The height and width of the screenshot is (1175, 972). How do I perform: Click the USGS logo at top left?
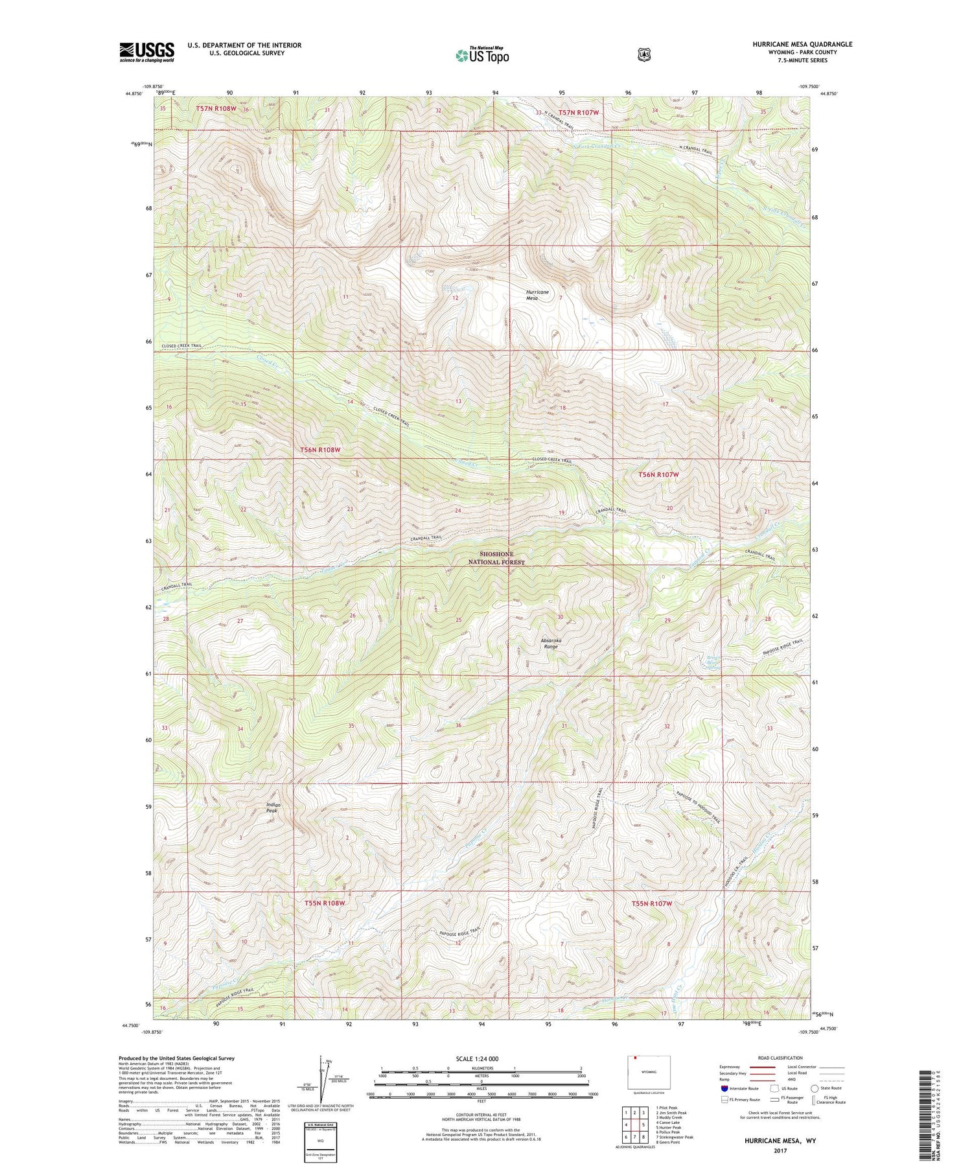pos(146,52)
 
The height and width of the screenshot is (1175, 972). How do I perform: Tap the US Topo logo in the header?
pos(482,55)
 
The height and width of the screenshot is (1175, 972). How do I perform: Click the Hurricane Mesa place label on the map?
pos(537,295)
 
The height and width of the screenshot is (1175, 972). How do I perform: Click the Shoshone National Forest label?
pos(496,558)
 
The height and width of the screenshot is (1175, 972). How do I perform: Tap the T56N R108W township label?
pos(321,449)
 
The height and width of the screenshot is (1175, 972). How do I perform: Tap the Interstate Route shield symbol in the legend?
pos(724,1088)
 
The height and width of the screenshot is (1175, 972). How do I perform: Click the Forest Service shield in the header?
pos(643,55)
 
